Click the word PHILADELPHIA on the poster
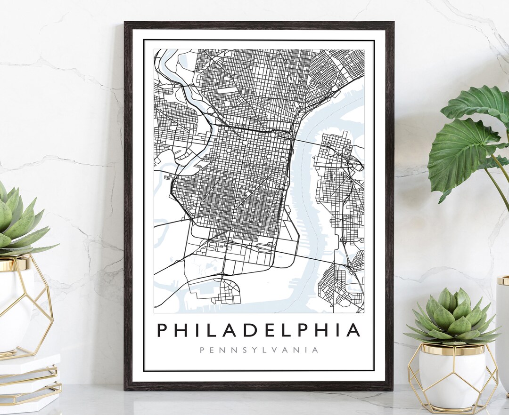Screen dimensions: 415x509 pyautogui.click(x=258, y=330)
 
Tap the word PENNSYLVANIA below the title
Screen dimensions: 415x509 pyautogui.click(x=259, y=350)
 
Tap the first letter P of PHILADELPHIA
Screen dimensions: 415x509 pyautogui.click(x=163, y=330)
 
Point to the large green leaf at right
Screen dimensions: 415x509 pyautogui.click(x=464, y=151)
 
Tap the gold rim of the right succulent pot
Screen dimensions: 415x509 pyautogui.click(x=452, y=350)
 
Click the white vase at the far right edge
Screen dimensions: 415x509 pyautogui.click(x=503, y=329)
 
